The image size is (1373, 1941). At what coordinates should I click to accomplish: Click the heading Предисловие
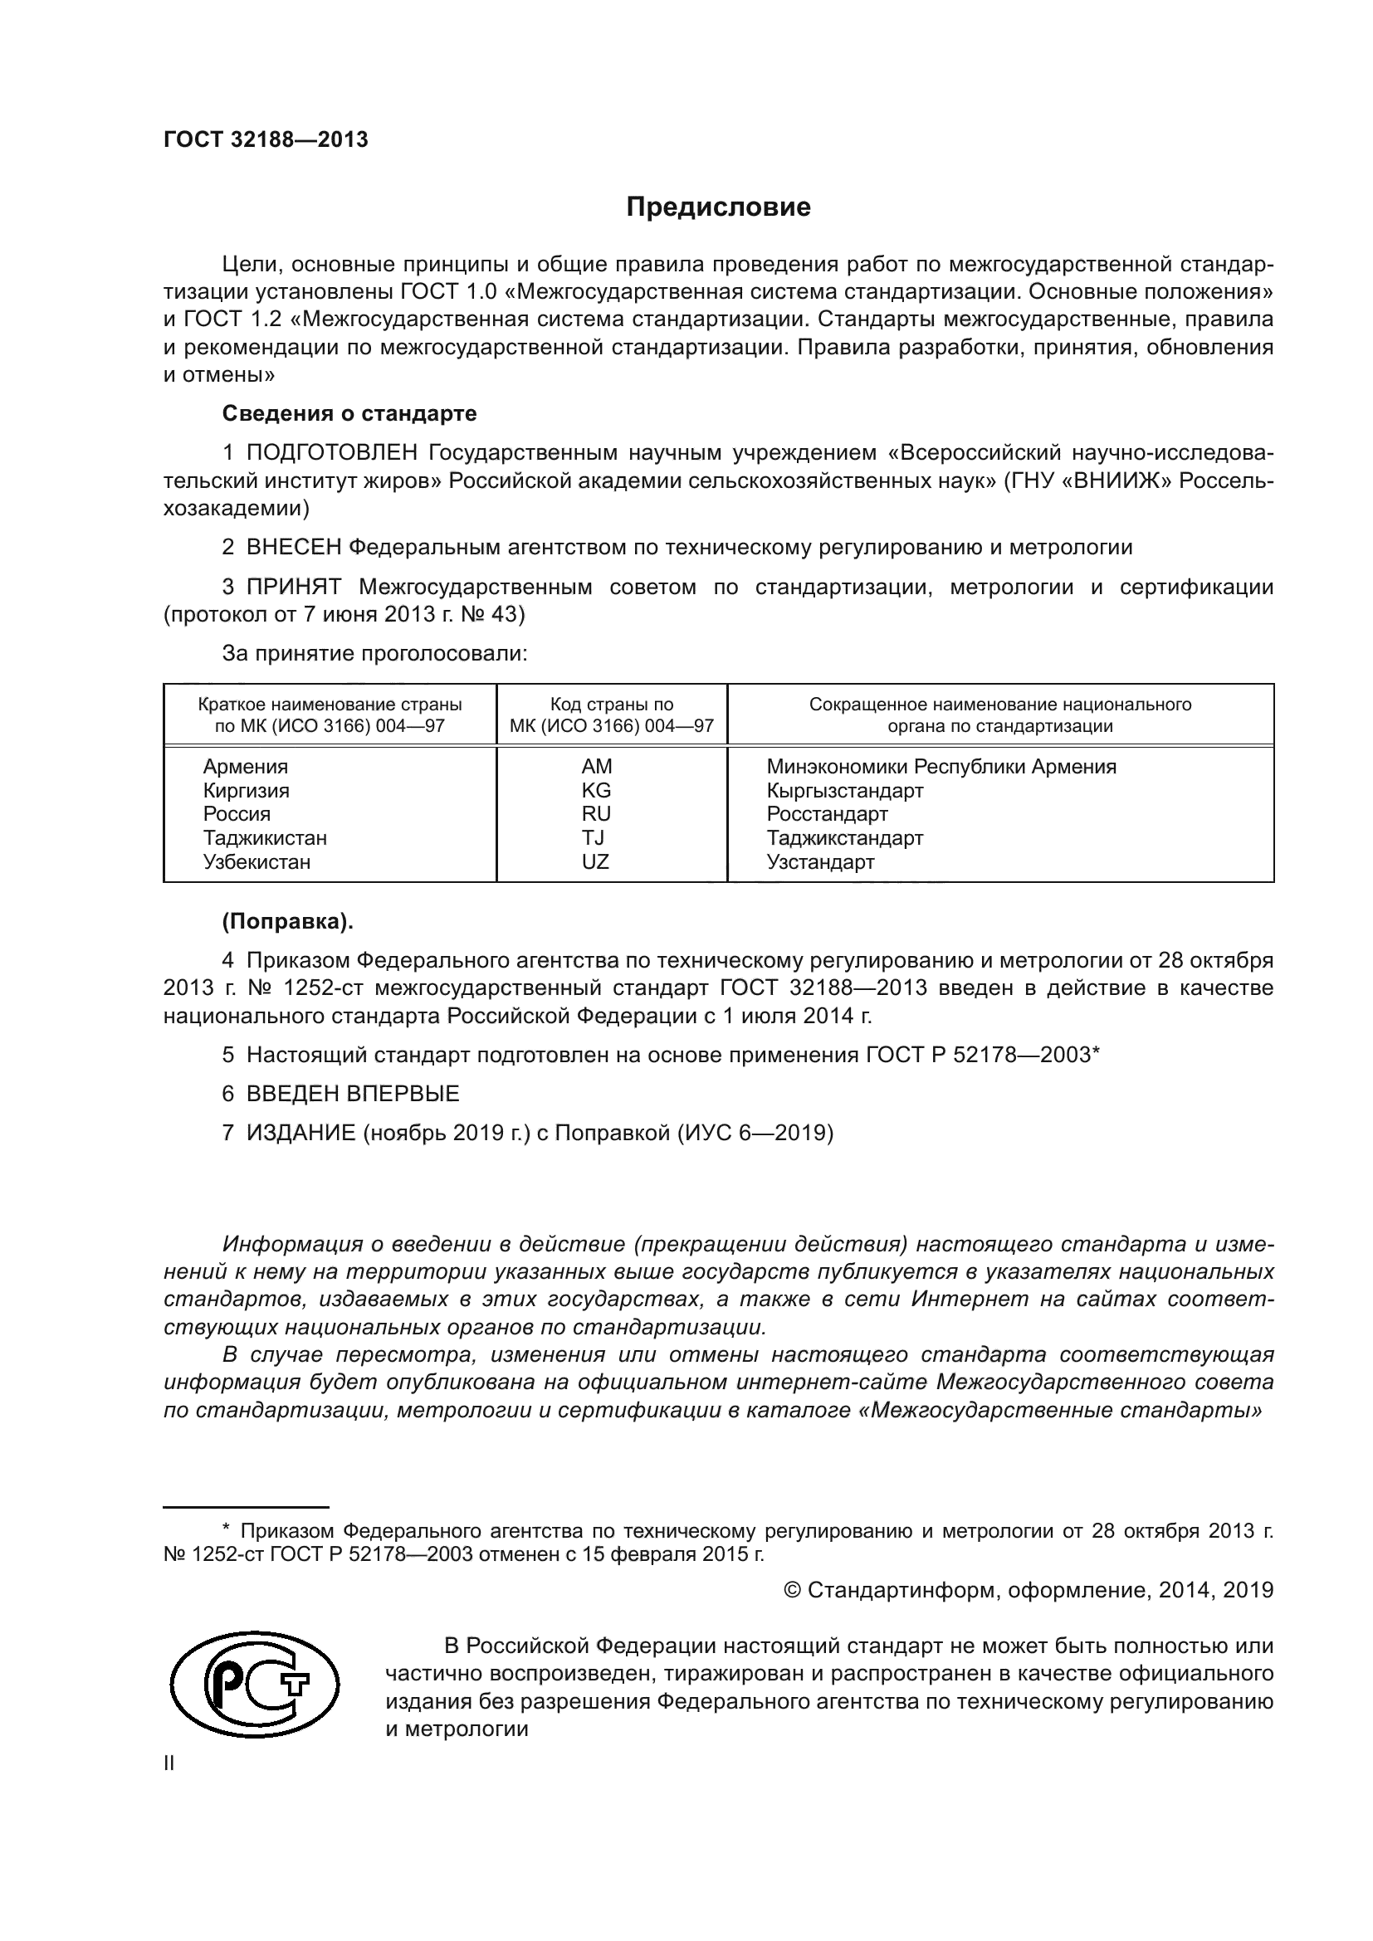coord(718,207)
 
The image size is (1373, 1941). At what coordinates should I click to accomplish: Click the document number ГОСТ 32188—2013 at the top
coord(266,140)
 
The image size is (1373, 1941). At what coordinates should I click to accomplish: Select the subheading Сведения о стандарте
coord(349,413)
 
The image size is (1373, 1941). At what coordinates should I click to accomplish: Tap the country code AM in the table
coord(596,767)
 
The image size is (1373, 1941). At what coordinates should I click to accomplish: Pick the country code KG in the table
coord(596,791)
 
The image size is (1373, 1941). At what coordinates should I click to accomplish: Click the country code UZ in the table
coord(595,861)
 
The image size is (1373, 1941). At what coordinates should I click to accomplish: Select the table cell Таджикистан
coord(265,838)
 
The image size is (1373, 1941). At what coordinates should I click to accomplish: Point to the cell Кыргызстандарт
coord(844,791)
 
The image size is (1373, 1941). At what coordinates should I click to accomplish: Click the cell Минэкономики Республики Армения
coord(941,767)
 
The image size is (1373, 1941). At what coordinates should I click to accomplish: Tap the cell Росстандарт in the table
coord(827,814)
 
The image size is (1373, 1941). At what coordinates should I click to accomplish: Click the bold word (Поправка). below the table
coord(287,921)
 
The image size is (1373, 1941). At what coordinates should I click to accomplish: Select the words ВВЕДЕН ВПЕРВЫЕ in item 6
coord(353,1093)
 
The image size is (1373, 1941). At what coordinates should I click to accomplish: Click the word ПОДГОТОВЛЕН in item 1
coord(332,453)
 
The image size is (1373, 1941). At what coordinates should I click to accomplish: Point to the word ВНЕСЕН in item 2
coord(294,548)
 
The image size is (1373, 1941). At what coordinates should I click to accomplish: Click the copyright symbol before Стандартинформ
coord(792,1590)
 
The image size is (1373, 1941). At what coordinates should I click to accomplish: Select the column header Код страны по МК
coord(611,715)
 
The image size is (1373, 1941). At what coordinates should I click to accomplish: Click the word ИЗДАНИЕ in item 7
coord(301,1133)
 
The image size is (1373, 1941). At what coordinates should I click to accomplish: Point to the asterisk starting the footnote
coord(226,1527)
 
